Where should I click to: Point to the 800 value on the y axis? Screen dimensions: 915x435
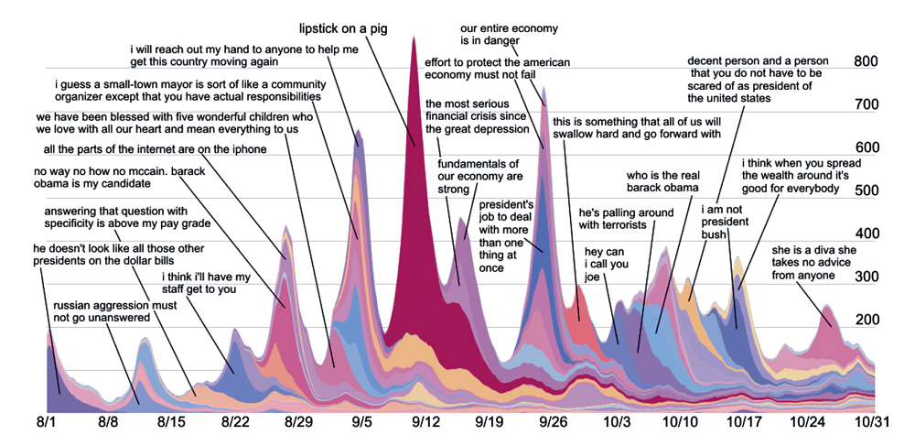click(865, 62)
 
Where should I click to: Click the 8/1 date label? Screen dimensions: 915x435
click(48, 421)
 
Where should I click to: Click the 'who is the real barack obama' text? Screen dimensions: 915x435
click(662, 181)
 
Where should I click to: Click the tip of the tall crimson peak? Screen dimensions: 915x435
click(414, 37)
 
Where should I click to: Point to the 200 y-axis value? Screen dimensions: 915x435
click(865, 320)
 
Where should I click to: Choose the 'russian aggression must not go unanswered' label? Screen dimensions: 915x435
click(102, 311)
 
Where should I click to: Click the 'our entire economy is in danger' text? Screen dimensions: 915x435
click(509, 34)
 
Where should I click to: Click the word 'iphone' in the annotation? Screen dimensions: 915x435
click(250, 150)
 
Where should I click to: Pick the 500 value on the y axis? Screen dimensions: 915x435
click(865, 190)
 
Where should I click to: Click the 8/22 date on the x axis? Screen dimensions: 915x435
click(236, 421)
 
